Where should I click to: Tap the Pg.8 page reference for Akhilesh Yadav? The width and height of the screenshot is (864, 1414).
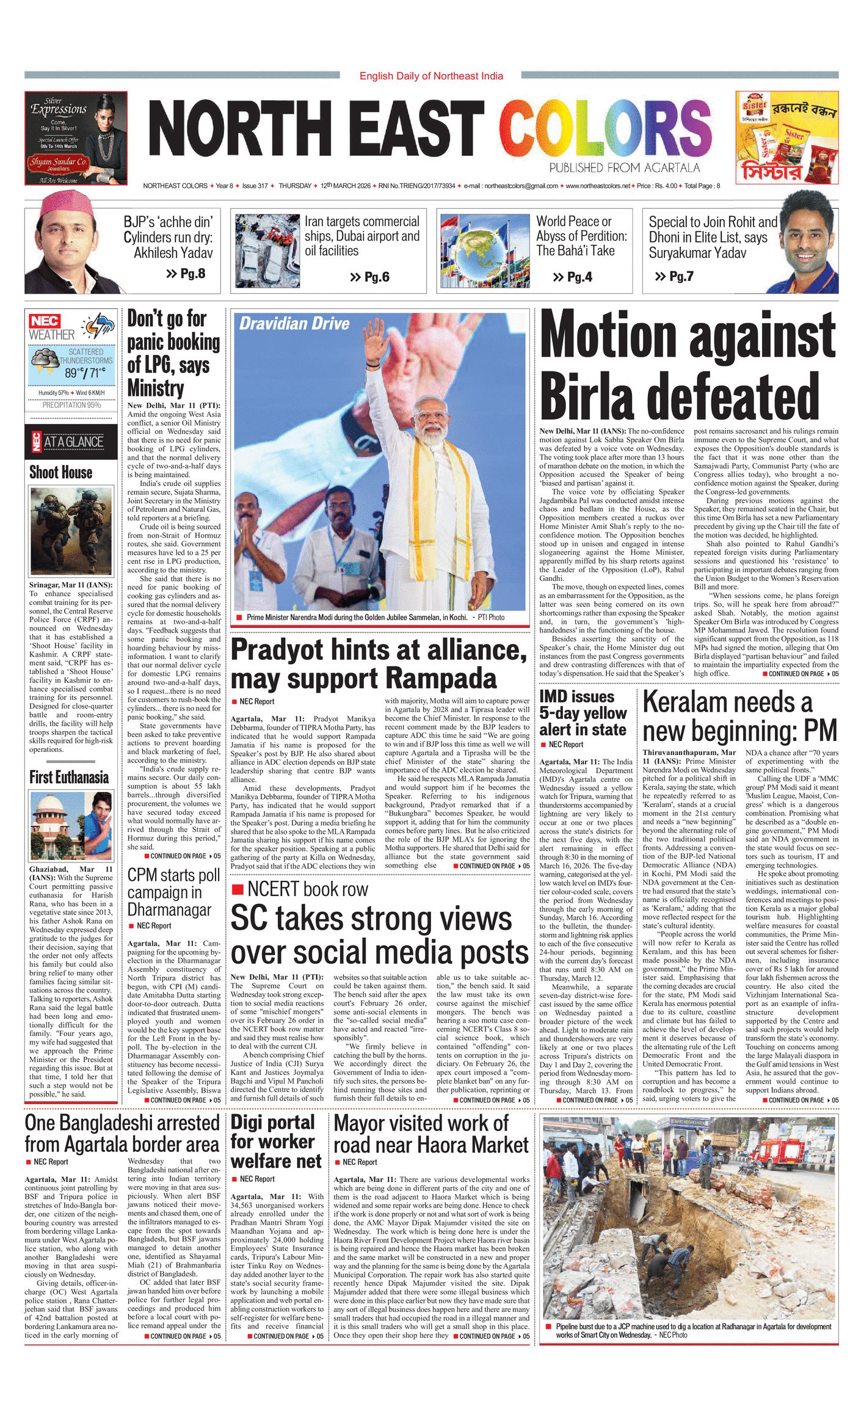(186, 274)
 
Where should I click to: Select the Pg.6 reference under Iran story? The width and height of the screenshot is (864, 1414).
(370, 277)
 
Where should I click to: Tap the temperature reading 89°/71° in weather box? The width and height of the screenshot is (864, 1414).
(85, 373)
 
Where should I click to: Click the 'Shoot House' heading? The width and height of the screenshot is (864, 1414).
(61, 472)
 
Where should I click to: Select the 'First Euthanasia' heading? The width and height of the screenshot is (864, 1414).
(69, 777)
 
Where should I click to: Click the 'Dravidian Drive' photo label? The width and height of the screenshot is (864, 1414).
(294, 324)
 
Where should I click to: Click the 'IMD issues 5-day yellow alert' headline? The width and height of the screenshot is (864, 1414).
(583, 713)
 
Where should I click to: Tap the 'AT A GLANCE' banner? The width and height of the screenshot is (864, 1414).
(71, 442)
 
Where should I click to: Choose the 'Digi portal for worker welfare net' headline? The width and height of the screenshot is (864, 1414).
(276, 1141)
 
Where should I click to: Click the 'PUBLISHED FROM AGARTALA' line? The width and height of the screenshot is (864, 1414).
(623, 168)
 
